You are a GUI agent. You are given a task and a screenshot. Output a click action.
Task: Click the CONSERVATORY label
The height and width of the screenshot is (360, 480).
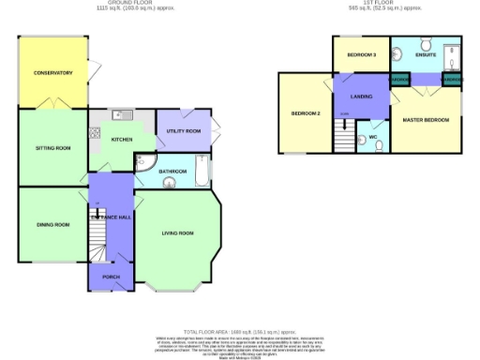point(52,72)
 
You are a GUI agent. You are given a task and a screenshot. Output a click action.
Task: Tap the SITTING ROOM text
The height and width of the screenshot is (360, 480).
point(52,148)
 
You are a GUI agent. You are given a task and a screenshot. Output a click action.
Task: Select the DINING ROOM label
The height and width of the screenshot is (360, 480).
point(53,225)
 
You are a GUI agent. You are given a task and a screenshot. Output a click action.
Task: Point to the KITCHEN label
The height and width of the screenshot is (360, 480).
point(122,140)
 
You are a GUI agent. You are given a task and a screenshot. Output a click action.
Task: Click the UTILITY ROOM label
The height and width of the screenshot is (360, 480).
point(184,131)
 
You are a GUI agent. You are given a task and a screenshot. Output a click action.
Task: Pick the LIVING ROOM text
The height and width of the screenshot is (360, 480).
point(177,233)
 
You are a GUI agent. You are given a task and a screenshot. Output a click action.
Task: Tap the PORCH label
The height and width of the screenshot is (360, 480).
point(111,277)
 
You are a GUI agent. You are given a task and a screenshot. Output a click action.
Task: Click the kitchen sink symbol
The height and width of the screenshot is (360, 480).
point(119,115)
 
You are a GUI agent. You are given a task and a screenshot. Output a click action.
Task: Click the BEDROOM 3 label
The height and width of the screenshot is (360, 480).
point(361,55)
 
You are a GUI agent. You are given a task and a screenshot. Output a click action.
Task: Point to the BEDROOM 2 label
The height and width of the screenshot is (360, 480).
point(306,114)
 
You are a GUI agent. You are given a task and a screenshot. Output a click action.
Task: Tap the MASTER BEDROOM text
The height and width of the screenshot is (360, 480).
point(425,120)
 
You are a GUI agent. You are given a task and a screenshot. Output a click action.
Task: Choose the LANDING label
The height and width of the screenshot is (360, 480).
point(361,97)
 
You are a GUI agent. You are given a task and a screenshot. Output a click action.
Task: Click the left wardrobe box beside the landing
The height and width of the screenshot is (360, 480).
point(399,81)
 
